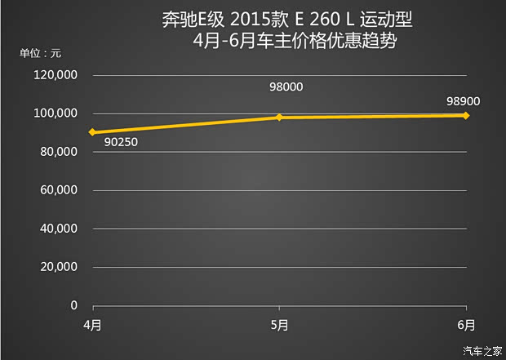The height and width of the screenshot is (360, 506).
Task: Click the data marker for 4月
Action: point(93,132)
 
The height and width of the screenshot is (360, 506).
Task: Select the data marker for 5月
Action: point(279,118)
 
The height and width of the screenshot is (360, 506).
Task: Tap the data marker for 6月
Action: point(465,115)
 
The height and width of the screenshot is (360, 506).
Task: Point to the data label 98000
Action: point(285,88)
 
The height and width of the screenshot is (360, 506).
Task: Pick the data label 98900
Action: point(463,101)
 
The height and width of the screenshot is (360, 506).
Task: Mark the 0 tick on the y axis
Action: point(73,305)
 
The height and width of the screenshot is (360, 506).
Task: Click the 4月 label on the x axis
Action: point(92,324)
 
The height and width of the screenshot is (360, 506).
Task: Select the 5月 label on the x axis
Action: point(279,324)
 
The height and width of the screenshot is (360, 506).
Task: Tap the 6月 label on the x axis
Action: point(465,324)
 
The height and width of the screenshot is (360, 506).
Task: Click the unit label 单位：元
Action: point(41,54)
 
